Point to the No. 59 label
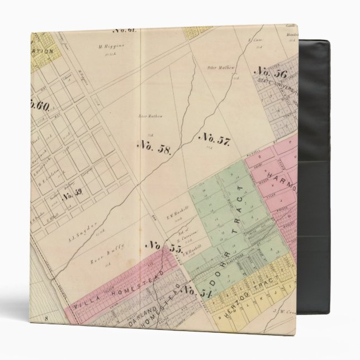click(72, 196)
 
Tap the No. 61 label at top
click(124, 30)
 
